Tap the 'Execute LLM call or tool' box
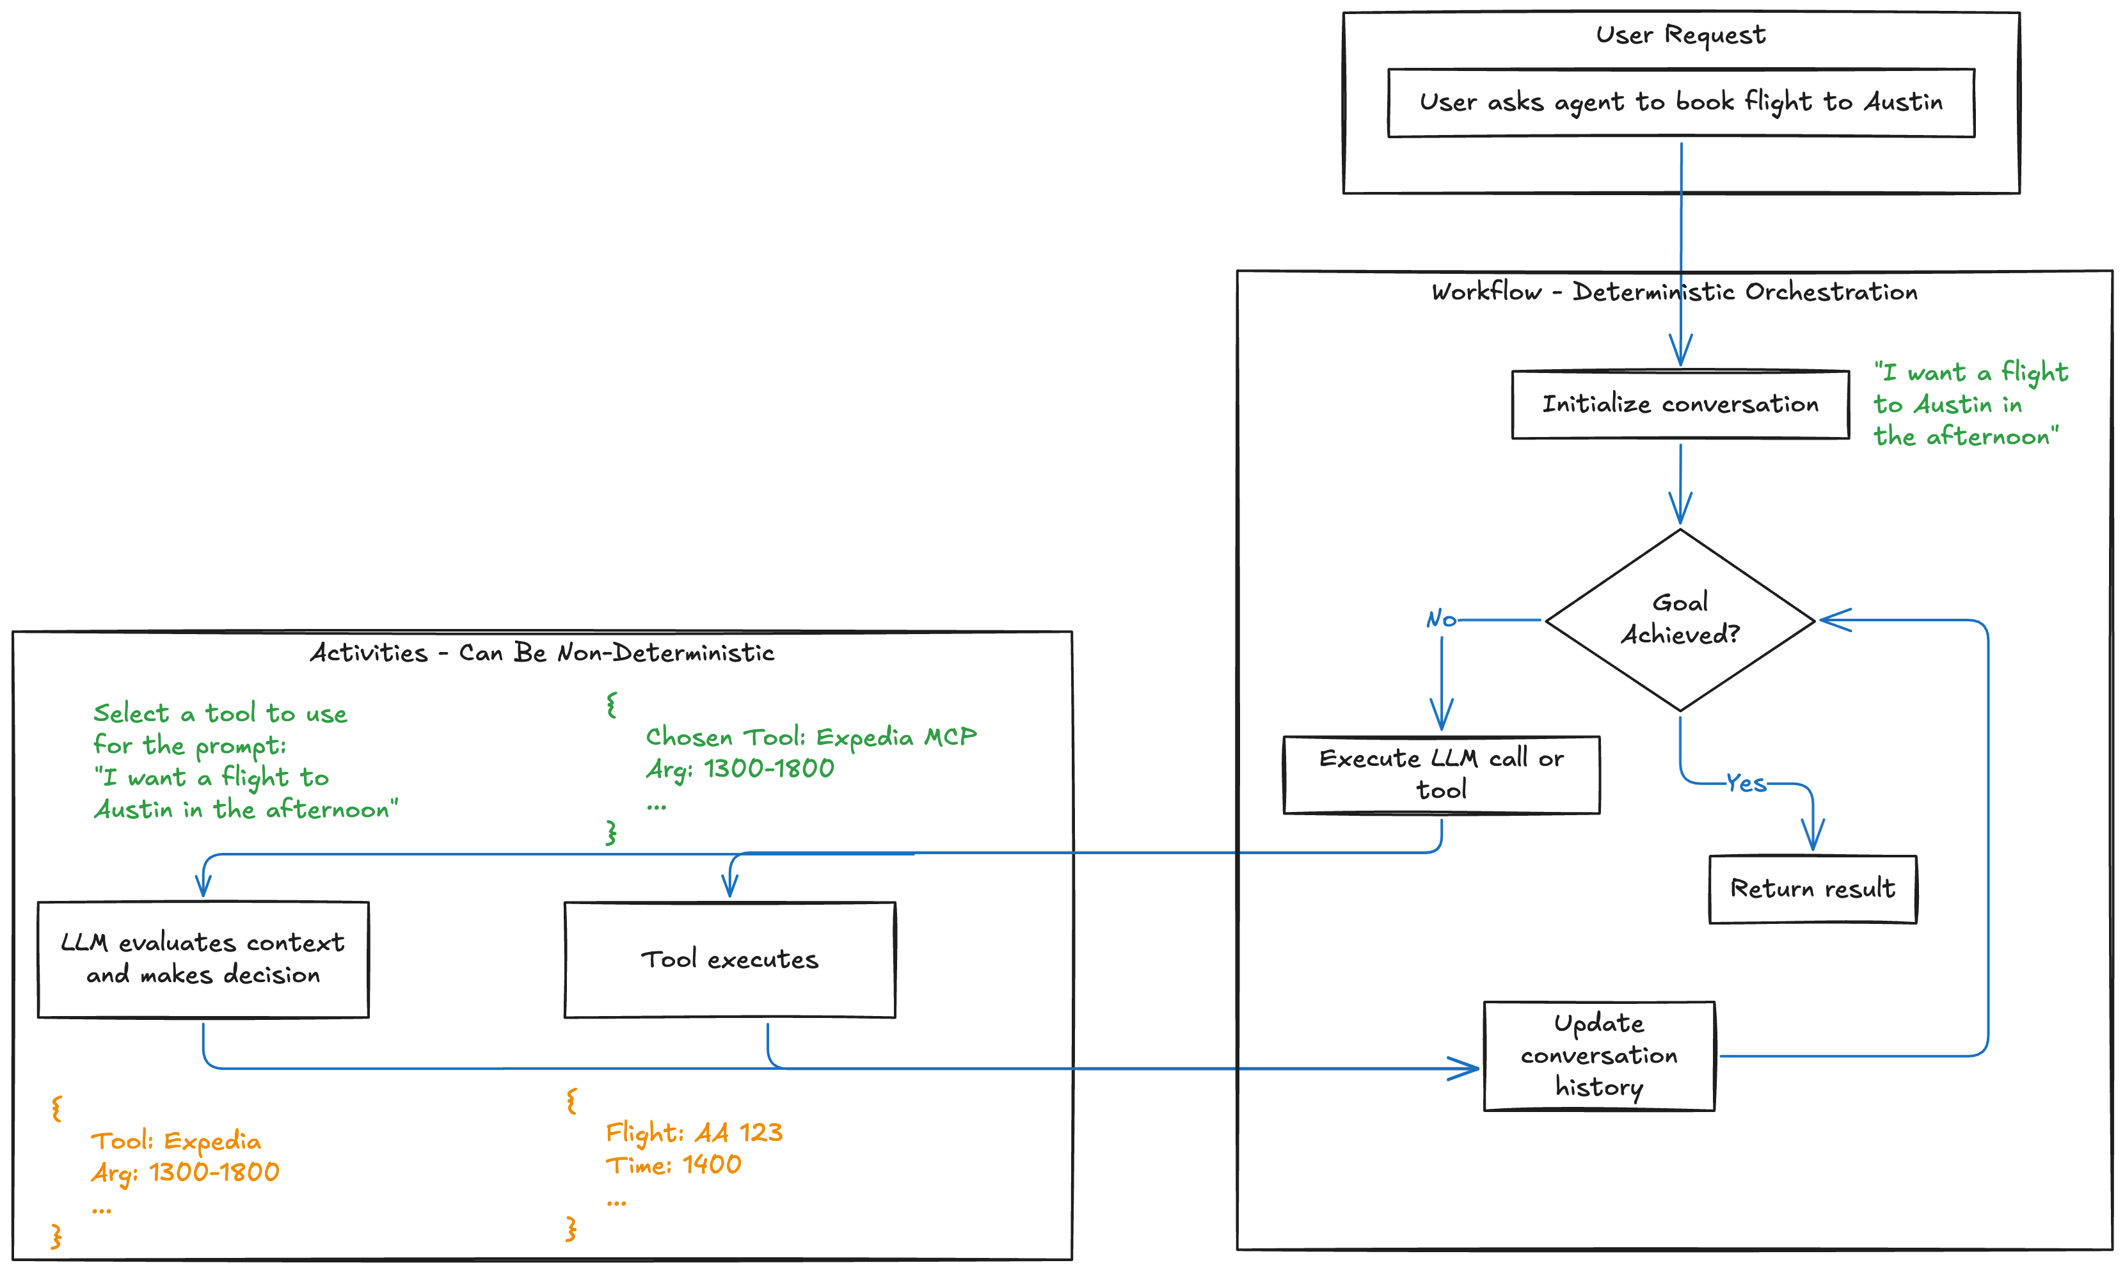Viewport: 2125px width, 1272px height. pos(1441,774)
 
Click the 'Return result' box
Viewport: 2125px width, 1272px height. pos(1812,889)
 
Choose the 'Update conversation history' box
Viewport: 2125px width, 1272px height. pos(1598,1055)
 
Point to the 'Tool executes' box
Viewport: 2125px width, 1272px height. pos(729,959)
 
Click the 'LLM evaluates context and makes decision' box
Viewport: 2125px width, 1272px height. pos(203,959)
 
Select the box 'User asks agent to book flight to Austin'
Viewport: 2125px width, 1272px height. pos(1680,102)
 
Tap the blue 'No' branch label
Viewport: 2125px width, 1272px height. pos(1441,619)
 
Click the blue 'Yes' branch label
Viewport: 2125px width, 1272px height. pos(1746,783)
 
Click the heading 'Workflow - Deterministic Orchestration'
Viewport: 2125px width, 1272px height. pos(1673,292)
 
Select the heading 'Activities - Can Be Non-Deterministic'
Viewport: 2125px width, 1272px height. pos(542,653)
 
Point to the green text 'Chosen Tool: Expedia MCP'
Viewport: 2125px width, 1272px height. pos(810,737)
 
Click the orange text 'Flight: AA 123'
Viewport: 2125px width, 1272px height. pos(694,1133)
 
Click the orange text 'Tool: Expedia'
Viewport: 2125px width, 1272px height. pos(176,1141)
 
